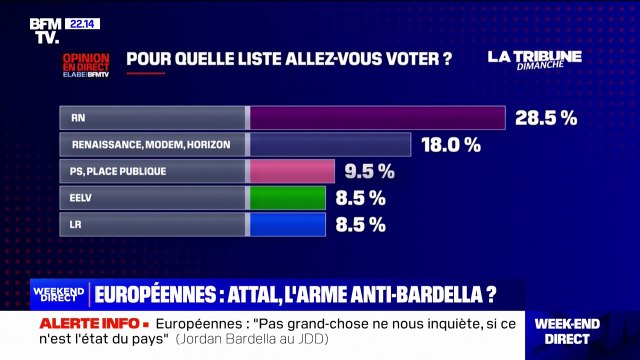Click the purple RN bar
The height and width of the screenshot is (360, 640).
377,118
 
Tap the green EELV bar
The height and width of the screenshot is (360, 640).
287,197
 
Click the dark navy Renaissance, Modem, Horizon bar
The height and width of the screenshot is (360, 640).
330,145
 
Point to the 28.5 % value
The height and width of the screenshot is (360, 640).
546,118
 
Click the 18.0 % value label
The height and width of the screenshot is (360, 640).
449,145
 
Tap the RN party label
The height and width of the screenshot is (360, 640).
78,118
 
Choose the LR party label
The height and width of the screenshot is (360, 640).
76,224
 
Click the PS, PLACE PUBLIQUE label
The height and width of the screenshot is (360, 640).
118,171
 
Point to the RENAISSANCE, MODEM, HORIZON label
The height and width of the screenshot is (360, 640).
151,145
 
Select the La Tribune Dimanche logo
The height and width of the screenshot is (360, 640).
534,58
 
